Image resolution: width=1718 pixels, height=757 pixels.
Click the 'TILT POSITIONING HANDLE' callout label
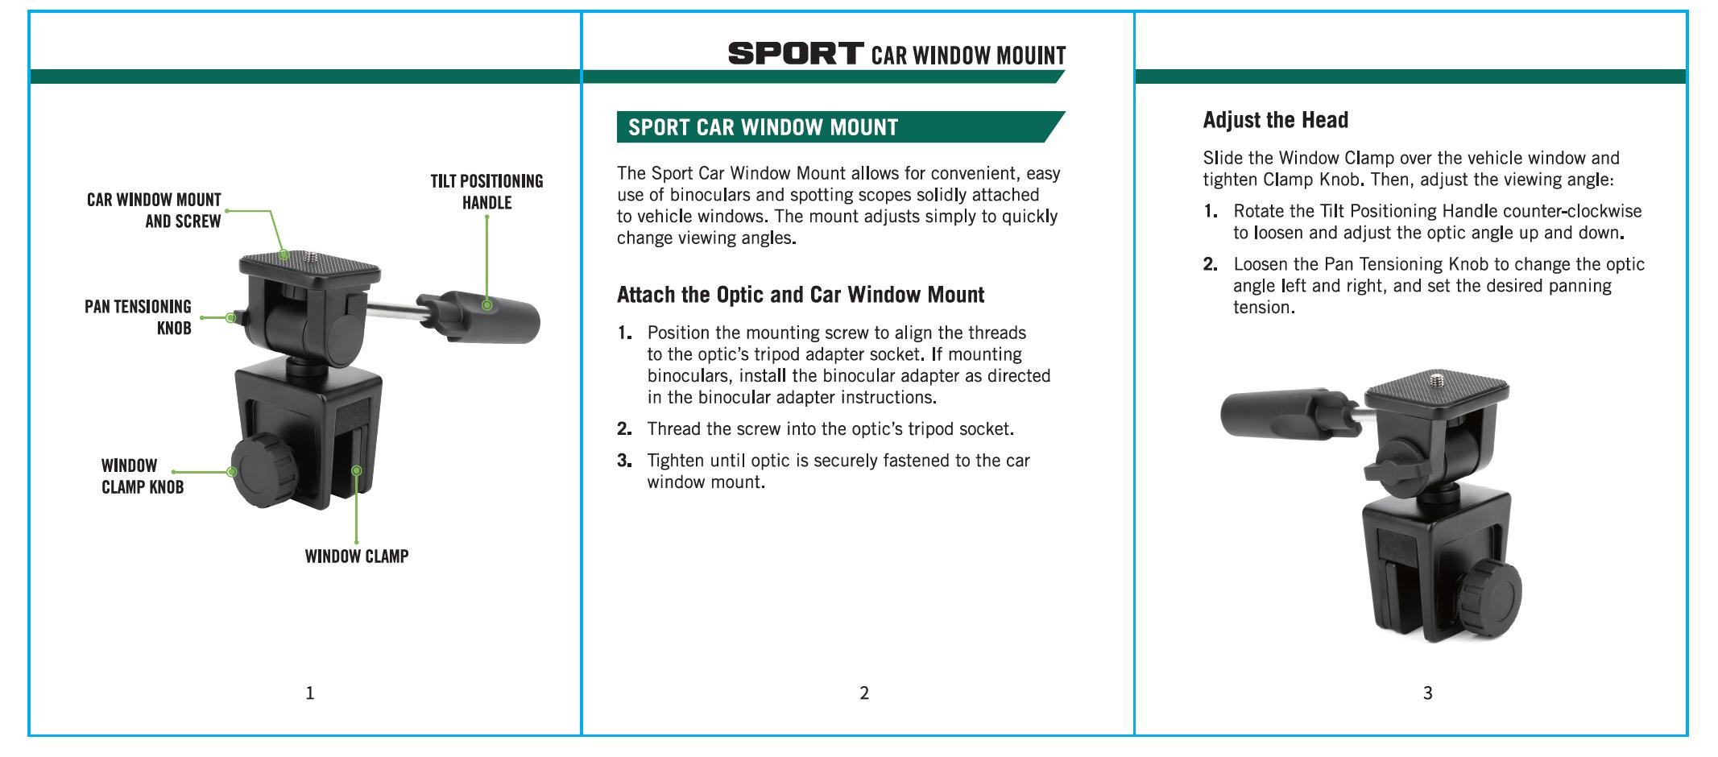click(486, 192)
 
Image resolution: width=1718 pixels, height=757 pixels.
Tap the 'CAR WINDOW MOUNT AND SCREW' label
click(154, 210)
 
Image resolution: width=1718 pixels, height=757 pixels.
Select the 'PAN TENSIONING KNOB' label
click(138, 317)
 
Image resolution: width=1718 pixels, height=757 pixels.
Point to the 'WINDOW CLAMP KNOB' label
click(143, 476)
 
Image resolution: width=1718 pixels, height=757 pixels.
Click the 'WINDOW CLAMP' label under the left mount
click(357, 556)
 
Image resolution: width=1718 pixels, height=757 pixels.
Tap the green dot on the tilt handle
click(486, 305)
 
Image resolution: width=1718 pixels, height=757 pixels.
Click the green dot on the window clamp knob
click(232, 472)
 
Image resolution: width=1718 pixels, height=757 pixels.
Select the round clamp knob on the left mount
click(262, 472)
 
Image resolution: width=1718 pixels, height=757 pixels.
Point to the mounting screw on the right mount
click(1438, 378)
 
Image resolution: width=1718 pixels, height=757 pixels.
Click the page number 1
click(310, 693)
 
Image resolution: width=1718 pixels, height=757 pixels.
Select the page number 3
click(1427, 693)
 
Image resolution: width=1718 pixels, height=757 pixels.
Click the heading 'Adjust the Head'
click(1275, 120)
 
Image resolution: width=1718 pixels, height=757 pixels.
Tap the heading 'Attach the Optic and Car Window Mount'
click(801, 295)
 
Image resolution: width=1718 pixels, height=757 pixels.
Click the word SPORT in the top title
click(796, 54)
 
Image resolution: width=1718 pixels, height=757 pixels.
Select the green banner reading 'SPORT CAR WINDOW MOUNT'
click(841, 127)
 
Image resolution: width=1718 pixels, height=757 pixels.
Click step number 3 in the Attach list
click(624, 461)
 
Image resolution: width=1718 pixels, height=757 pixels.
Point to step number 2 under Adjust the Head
click(1210, 264)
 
